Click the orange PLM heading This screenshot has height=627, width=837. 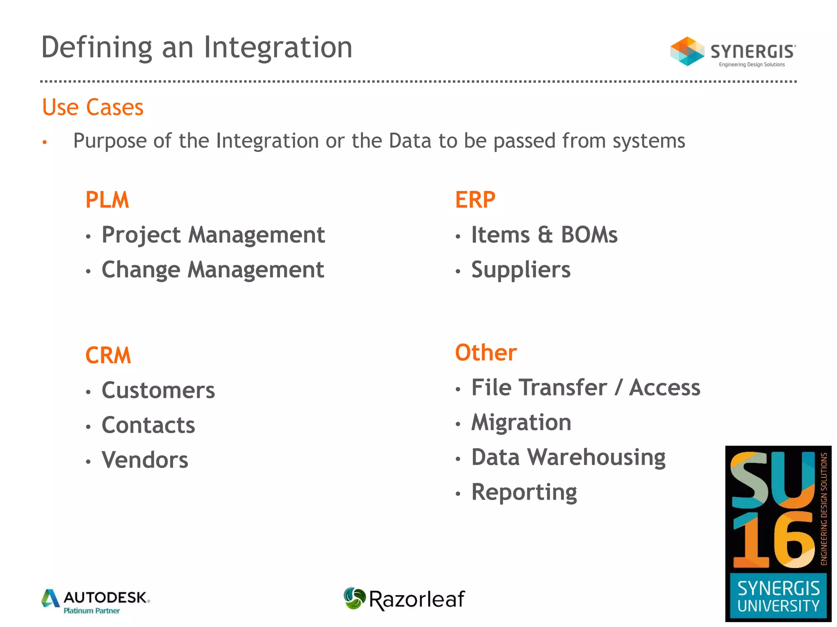(107, 200)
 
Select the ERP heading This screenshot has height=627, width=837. (475, 200)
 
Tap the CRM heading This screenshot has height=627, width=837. (108, 355)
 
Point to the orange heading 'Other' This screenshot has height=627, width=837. (486, 352)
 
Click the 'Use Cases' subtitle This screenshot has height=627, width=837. (93, 107)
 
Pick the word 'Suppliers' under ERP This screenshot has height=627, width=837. (521, 270)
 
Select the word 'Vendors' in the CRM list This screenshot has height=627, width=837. (145, 460)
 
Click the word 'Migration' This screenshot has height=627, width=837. (521, 422)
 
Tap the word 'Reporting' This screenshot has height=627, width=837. (524, 492)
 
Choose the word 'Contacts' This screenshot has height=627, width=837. (148, 425)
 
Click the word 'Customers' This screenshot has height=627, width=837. (158, 390)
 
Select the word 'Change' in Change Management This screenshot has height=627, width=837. (141, 270)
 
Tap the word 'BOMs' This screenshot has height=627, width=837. (589, 235)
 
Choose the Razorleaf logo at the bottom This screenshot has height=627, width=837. (404, 599)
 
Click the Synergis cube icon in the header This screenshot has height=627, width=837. (687, 51)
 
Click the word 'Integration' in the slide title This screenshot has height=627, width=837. (278, 47)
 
